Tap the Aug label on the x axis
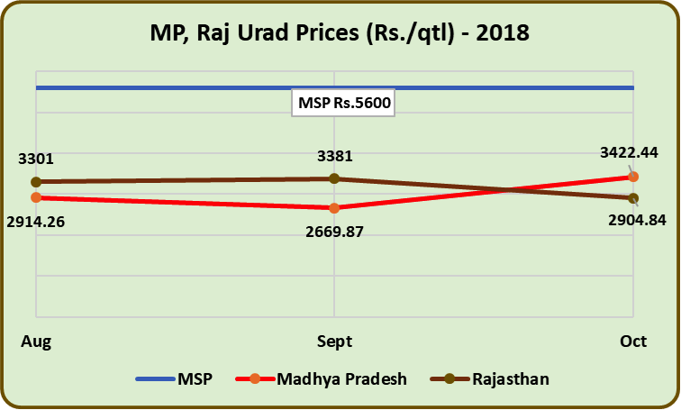(x=36, y=341)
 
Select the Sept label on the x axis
(x=334, y=342)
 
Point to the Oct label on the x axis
(x=633, y=341)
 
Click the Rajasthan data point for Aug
(x=36, y=182)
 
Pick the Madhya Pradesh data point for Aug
(x=36, y=197)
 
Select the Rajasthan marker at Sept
(x=334, y=178)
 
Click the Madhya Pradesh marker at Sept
(x=334, y=208)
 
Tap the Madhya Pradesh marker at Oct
(x=633, y=177)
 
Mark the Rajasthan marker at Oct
(x=633, y=198)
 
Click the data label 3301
(x=36, y=159)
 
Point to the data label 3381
(x=334, y=156)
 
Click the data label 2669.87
(x=334, y=232)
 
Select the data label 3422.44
(x=629, y=152)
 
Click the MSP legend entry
(x=175, y=379)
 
